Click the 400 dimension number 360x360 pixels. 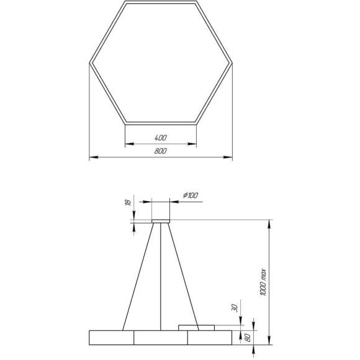click(x=161, y=137)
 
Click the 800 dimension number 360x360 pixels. click(x=161, y=151)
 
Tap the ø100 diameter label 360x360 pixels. click(x=191, y=196)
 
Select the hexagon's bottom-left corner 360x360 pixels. click(x=125, y=122)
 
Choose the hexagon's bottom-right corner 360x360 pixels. click(x=197, y=122)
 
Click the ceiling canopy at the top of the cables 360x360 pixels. click(x=161, y=220)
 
